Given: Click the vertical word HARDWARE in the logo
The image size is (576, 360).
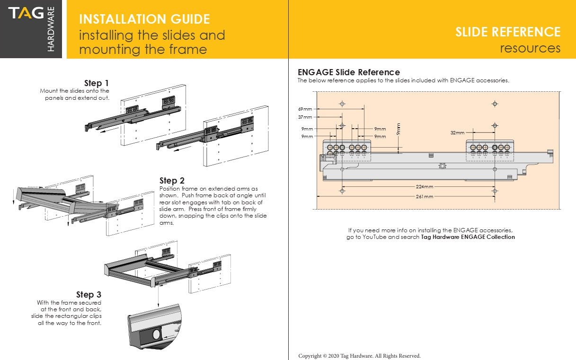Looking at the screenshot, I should (51, 29).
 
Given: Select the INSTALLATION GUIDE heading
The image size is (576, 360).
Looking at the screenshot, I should (144, 19).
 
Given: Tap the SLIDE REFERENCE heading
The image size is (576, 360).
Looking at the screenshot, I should (508, 32).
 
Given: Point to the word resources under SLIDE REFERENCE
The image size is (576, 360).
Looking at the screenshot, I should (530, 48).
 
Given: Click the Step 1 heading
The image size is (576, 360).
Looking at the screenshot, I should (97, 83).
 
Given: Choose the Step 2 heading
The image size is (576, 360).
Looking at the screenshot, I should (172, 180).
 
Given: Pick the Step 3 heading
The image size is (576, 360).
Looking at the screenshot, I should (89, 295).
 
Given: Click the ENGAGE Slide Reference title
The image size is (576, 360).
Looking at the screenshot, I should (348, 72).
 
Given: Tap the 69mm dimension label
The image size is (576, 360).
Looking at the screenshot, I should (305, 109).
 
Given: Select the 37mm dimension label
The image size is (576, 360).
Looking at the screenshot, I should (305, 117).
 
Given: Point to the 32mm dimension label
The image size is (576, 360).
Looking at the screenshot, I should (457, 133).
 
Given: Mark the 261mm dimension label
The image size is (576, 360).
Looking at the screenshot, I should (425, 196).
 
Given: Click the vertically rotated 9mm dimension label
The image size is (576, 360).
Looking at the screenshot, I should (399, 129).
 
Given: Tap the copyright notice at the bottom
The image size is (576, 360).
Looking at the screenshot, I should (359, 356).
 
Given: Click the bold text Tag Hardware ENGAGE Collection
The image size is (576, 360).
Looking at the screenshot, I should (468, 237).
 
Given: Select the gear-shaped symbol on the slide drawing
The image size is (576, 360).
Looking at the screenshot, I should (443, 166).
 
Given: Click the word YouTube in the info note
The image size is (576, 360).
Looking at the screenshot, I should (374, 237).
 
